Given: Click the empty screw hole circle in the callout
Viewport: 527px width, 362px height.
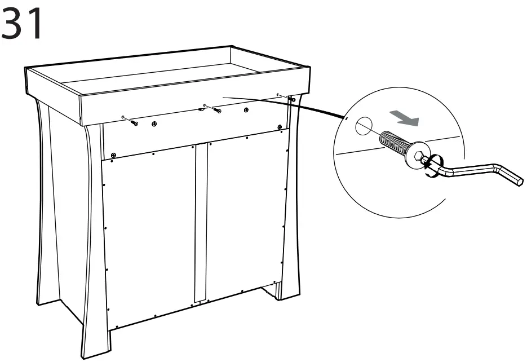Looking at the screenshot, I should (364, 126).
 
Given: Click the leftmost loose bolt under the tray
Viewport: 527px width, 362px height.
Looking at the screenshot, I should (132, 122).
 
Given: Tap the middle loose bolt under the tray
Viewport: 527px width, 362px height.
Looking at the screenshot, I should (216, 110).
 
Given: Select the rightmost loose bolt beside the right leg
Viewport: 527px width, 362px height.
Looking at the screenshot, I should (293, 100).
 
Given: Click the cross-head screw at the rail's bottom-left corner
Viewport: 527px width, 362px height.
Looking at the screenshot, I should (113, 154).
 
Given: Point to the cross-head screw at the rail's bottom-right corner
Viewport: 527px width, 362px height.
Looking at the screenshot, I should (280, 128).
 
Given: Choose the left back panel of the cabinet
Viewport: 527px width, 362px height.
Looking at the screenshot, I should (149, 237).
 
